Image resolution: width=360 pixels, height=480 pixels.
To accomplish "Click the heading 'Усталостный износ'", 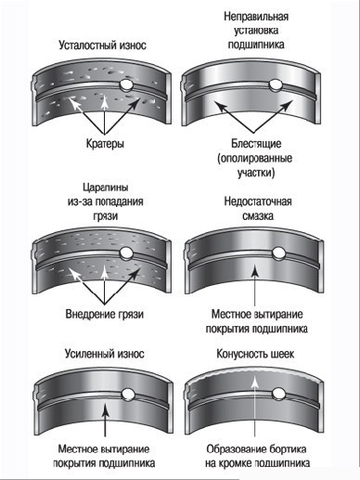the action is coord(102,45).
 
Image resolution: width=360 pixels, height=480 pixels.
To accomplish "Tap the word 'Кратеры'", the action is coord(105,143).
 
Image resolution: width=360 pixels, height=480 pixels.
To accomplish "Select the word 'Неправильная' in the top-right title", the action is coord(256,16).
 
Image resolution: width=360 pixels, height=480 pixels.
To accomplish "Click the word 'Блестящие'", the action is coord(256,143).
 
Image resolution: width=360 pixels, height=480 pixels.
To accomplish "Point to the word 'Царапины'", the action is coord(106,188).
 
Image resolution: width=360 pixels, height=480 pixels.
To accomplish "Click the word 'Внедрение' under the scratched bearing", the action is coord(90,314).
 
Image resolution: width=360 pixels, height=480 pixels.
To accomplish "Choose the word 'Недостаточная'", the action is coord(258,201).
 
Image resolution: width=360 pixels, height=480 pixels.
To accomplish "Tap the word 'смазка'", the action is coord(258,215).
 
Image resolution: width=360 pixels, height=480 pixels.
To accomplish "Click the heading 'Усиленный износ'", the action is coord(105,354).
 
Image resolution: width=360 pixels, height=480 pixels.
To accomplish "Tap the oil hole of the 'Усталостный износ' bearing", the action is coord(126,84).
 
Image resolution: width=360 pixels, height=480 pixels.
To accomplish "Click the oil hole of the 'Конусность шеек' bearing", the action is coord(278,394).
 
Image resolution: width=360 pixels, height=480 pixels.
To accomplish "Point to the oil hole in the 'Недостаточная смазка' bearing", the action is coord(278,253).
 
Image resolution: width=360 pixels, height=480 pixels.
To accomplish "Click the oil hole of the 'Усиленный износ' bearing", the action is coord(127,395).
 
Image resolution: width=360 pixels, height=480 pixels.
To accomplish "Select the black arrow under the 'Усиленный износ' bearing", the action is coord(106,420).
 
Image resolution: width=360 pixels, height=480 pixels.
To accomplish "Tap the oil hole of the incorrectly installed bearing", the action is coord(275,85).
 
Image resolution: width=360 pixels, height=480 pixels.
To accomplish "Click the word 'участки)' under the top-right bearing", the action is coord(256,173).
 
